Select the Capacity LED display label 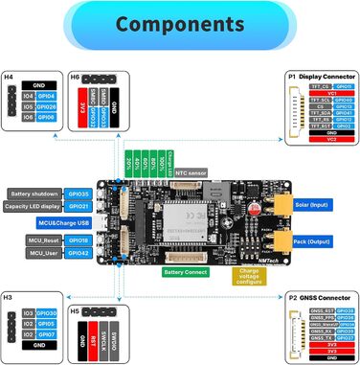(34, 206)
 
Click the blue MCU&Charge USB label (77, 222)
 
